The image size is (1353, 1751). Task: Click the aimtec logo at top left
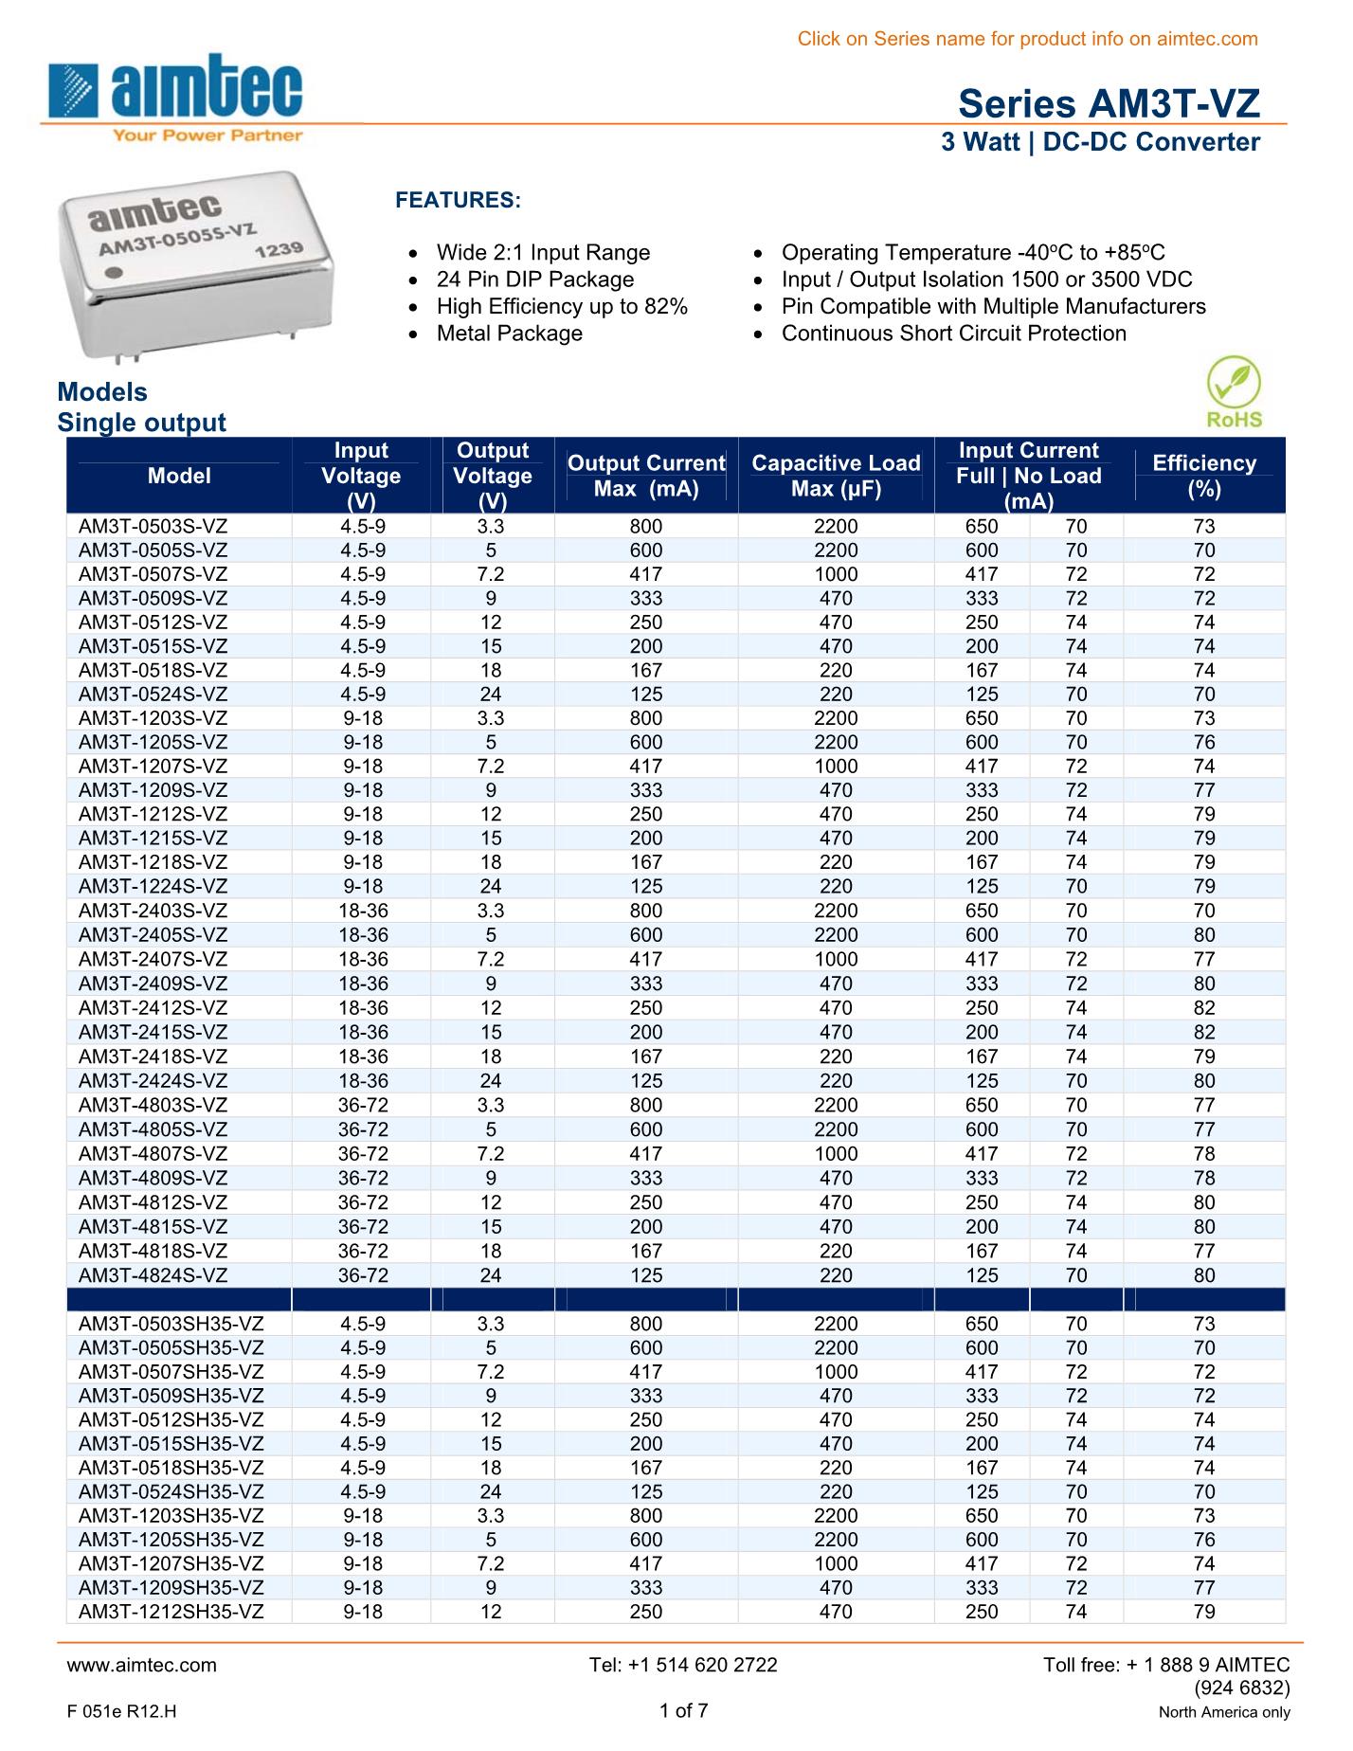coord(176,95)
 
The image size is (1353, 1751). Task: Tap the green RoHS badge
coord(1233,392)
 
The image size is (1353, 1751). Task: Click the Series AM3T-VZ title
coord(1109,103)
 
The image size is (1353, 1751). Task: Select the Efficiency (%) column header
coord(1203,476)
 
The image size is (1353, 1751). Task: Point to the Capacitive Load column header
coord(835,476)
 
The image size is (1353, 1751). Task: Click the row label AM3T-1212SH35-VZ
coord(171,1612)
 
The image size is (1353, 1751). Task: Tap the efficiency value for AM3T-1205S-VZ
coord(1203,742)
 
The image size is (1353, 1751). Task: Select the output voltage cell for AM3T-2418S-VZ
coord(491,1056)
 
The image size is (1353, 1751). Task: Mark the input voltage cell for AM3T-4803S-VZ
coord(362,1105)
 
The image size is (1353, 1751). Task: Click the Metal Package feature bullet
coord(509,334)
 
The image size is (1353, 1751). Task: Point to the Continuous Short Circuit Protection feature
coord(953,334)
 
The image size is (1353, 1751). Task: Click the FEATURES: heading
coord(458,201)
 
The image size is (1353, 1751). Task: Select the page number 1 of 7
coord(683,1710)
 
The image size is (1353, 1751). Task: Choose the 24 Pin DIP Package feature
coord(534,280)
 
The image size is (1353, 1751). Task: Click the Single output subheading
coord(141,423)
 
